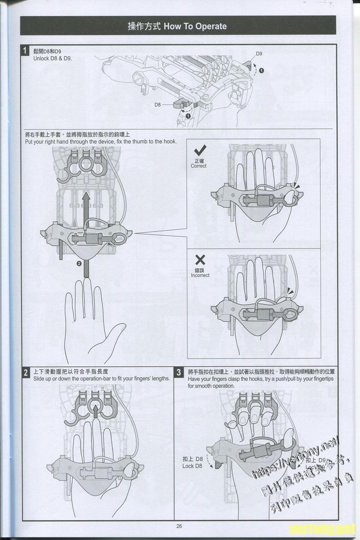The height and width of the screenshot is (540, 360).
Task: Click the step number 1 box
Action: coord(27,51)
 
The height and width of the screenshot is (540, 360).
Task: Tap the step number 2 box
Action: coord(27,372)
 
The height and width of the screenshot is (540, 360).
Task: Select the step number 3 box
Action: coord(179,372)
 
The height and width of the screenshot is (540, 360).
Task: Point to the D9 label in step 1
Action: coord(259,54)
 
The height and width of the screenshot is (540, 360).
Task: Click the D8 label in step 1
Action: coord(157,104)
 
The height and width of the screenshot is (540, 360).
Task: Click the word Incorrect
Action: coord(200,275)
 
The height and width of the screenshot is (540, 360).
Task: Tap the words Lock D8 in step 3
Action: coord(192,466)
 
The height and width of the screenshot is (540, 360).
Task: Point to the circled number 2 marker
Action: coord(79,264)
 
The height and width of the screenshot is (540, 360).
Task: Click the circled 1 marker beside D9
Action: coord(261,71)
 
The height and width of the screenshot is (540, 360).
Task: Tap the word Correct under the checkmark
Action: coord(198,166)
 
